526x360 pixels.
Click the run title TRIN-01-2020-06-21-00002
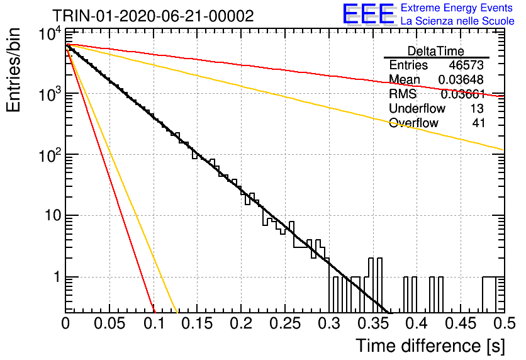pyautogui.click(x=153, y=16)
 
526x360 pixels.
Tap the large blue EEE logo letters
pyautogui.click(x=368, y=14)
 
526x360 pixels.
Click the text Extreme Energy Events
pyautogui.click(x=457, y=8)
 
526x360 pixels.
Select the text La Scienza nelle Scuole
pyautogui.click(x=457, y=21)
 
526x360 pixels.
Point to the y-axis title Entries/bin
pyautogui.click(x=13, y=70)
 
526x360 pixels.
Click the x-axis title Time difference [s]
pyautogui.click(x=430, y=346)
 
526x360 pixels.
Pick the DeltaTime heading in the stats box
pyautogui.click(x=436, y=51)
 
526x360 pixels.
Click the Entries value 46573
pyautogui.click(x=466, y=65)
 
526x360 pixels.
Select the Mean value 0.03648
pyautogui.click(x=461, y=79)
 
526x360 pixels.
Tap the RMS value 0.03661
pyautogui.click(x=463, y=94)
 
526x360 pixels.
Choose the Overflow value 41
pyautogui.click(x=478, y=123)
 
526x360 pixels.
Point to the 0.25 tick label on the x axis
pyautogui.click(x=284, y=323)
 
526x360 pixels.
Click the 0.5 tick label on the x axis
pyautogui.click(x=505, y=323)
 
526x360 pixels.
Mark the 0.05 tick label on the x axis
pyautogui.click(x=109, y=323)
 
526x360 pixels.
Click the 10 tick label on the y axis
pyautogui.click(x=53, y=215)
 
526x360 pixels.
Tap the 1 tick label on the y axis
pyautogui.click(x=57, y=277)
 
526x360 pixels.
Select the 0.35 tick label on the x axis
pyautogui.click(x=372, y=323)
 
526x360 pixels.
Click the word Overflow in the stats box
pyautogui.click(x=413, y=123)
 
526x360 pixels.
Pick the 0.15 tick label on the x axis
pyautogui.click(x=198, y=323)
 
